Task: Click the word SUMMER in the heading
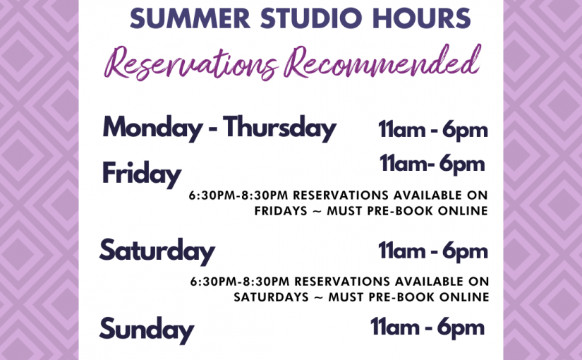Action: click(190, 18)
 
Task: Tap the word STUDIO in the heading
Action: click(310, 18)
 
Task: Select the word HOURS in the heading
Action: click(421, 18)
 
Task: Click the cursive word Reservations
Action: click(191, 62)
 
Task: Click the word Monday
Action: click(152, 128)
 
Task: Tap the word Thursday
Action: click(279, 128)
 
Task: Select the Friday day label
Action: click(142, 174)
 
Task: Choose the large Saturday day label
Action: click(157, 251)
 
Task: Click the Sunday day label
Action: click(147, 330)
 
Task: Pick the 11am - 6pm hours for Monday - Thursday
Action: click(432, 130)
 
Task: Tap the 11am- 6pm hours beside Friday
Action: click(432, 164)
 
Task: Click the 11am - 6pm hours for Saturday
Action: click(432, 251)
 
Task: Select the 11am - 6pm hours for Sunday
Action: click(428, 328)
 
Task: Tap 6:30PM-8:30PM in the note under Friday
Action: click(238, 196)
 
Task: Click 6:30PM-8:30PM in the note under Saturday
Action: click(240, 282)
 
